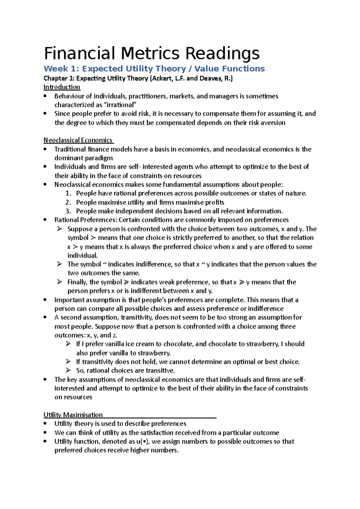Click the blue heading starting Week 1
pos(154,69)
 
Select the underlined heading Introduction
pos(62,87)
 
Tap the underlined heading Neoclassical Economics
pos(78,140)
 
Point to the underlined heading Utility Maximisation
pos(73,415)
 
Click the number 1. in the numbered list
pos(68,193)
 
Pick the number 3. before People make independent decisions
pos(68,211)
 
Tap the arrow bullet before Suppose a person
pos(59,229)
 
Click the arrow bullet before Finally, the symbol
pos(59,282)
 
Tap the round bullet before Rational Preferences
pos(45,220)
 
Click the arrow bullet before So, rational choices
pos(68,370)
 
